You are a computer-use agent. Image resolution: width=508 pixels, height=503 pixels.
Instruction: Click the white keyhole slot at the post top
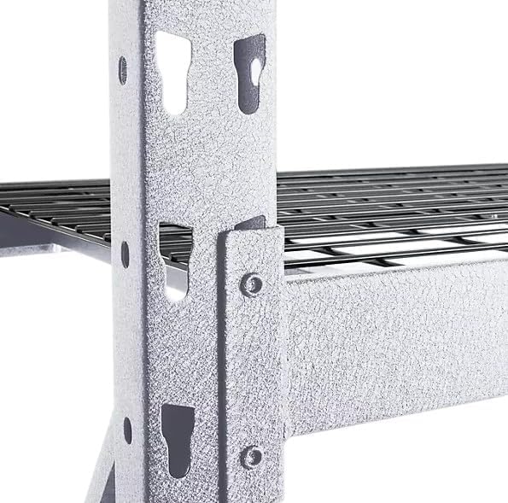click(173, 73)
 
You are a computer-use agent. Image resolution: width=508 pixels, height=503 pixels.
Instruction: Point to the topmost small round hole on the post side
click(123, 70)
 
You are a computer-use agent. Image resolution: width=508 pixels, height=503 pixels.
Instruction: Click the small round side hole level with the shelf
click(126, 254)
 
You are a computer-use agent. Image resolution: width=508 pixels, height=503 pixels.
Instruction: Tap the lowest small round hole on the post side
click(127, 430)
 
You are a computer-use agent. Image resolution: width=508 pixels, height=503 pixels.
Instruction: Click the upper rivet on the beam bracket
click(251, 284)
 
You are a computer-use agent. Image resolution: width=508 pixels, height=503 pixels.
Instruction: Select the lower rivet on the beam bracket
click(251, 454)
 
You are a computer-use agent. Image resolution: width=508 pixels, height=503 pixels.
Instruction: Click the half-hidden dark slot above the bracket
click(249, 224)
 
